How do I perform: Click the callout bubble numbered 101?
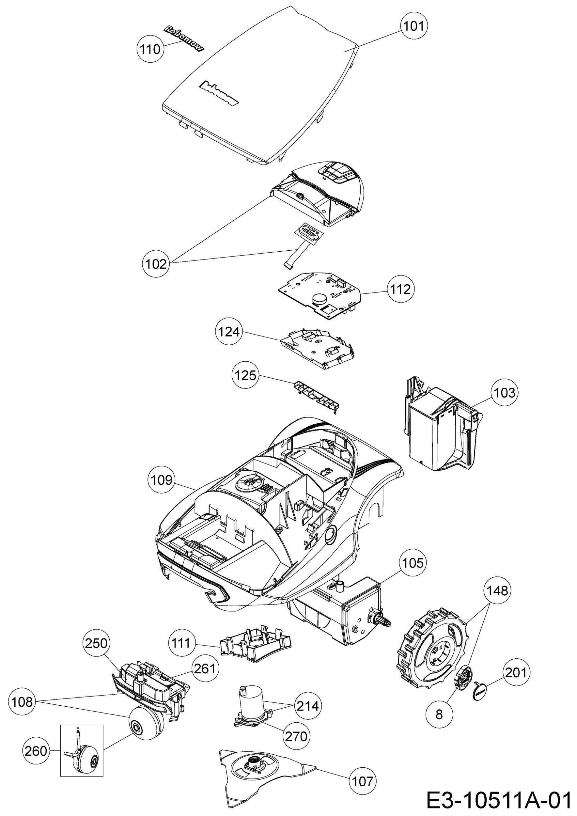pos(414,26)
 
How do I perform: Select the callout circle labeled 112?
pos(401,289)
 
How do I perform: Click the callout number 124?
pos(229,332)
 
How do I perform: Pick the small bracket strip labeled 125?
pos(316,395)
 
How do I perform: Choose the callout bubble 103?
pos(505,393)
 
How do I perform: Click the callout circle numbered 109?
pos(162,480)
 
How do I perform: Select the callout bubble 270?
pos(296,736)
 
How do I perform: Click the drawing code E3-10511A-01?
pos(500,800)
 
